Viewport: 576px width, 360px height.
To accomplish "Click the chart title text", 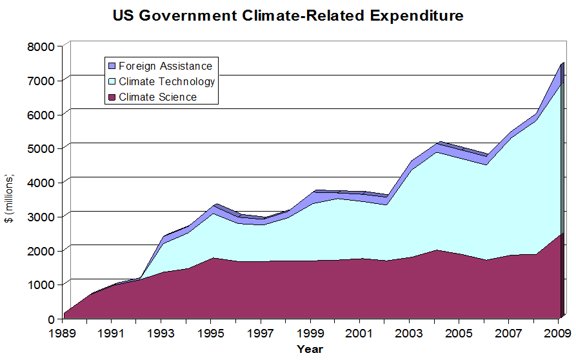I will [288, 16].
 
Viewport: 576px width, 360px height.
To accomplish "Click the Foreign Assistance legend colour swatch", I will [111, 66].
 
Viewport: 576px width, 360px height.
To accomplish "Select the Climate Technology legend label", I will [167, 81].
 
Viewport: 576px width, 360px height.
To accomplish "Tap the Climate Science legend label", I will [158, 97].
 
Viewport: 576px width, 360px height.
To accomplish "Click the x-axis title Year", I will [310, 349].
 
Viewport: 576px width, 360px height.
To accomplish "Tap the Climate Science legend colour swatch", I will [111, 97].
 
